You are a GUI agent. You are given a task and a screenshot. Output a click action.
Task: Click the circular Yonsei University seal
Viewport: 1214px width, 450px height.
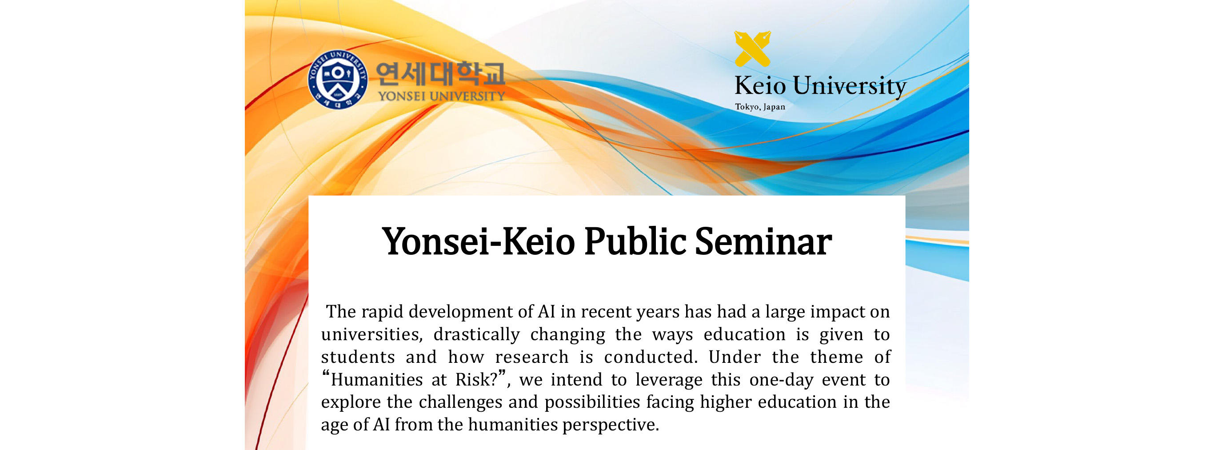click(x=337, y=79)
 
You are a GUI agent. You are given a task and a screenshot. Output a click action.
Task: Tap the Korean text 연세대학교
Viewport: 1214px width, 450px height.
click(x=440, y=75)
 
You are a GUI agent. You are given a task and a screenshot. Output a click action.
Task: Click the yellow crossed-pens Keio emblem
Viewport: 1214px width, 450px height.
click(x=753, y=48)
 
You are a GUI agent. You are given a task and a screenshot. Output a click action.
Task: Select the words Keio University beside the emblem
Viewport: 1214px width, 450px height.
click(x=820, y=86)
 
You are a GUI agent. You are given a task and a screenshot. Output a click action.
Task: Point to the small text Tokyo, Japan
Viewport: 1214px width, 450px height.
click(x=760, y=107)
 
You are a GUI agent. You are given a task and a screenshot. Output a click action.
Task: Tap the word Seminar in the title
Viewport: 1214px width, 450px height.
click(x=763, y=241)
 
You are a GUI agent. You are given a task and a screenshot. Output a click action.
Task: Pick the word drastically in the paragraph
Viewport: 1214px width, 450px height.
click(x=476, y=334)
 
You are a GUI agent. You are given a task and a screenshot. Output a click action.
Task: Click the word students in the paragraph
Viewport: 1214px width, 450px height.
click(x=358, y=357)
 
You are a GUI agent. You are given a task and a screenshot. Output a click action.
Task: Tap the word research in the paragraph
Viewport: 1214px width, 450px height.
click(x=531, y=357)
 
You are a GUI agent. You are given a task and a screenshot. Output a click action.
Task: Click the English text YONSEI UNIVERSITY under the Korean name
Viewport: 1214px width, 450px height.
click(x=441, y=96)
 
